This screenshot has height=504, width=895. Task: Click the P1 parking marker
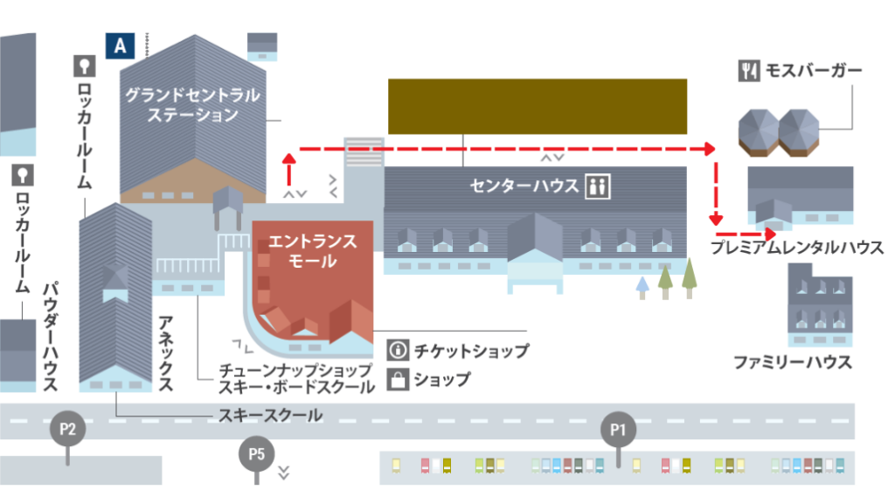coord(619,430)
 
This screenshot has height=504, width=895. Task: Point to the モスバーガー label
coord(814,70)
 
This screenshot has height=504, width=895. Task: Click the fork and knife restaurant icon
coord(748,71)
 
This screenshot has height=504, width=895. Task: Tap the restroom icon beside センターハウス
coord(599,186)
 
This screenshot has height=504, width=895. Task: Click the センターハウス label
coord(524,186)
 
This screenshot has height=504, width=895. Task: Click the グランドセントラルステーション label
coord(193,104)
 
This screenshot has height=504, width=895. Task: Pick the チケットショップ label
coord(471,351)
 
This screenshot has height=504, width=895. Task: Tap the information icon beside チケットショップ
coord(398,351)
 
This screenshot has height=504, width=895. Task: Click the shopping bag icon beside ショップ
coord(398,379)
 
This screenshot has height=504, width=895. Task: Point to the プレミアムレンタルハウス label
coord(796,248)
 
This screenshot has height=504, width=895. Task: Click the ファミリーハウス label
coord(792,361)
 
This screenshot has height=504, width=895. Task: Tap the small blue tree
coord(642,285)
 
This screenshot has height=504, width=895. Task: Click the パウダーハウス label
coord(50,336)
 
